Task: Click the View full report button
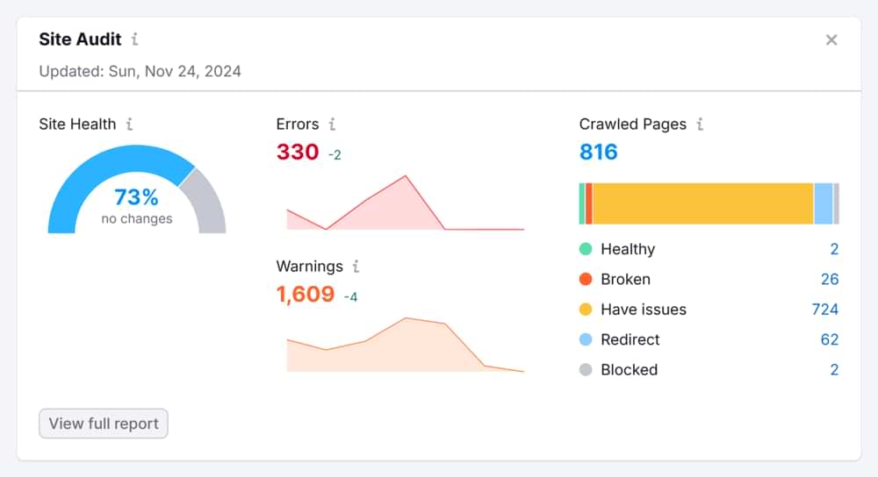104,424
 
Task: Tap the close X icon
831,39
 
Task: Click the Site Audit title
80,39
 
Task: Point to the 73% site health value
136,196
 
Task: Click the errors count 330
298,152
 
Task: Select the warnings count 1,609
306,294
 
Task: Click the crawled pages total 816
599,152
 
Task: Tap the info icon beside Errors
332,125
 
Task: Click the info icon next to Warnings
356,267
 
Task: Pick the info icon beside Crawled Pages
700,125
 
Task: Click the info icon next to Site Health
129,125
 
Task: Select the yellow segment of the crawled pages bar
702,203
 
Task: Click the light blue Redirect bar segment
823,203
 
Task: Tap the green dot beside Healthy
586,249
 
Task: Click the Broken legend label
625,280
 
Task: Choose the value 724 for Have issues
825,310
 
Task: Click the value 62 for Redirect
830,339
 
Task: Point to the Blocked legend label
629,370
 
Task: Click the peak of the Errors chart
406,176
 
